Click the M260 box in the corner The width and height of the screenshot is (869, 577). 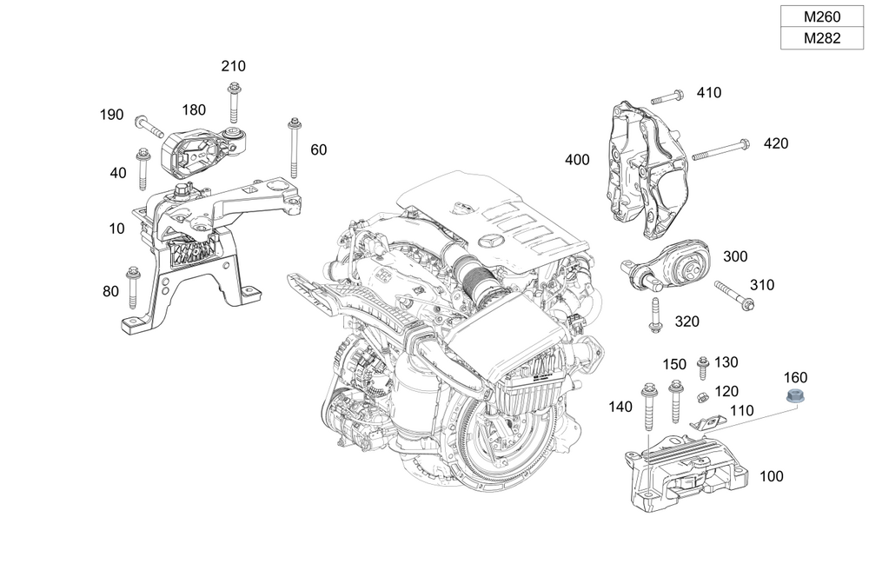tap(821, 17)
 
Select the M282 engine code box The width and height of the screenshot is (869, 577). tap(821, 38)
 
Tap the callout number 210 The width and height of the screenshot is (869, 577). tap(233, 66)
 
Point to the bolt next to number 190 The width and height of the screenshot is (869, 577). tap(149, 127)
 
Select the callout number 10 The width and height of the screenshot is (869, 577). tap(117, 229)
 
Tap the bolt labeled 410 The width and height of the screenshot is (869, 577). tap(667, 96)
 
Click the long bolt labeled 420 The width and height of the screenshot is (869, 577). tap(720, 149)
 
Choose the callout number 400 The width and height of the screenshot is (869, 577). tap(577, 160)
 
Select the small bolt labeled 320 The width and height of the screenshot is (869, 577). tap(654, 315)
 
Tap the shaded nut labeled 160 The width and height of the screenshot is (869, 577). tap(793, 397)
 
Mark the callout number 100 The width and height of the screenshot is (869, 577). tap(771, 476)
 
